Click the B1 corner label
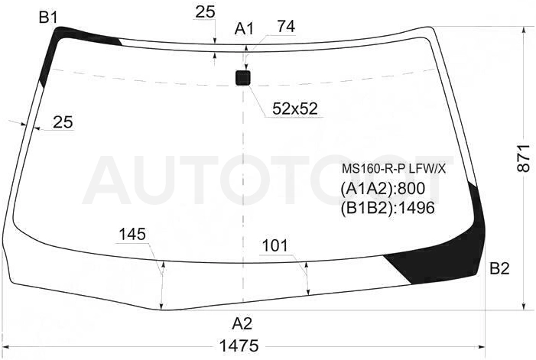click(48, 18)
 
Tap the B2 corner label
click(499, 269)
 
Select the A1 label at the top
click(244, 29)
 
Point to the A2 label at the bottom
click(242, 323)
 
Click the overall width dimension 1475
click(239, 345)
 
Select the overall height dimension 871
click(523, 158)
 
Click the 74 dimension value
click(286, 26)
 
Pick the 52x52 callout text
click(295, 109)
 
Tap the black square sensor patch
click(243, 77)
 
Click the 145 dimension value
click(132, 235)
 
